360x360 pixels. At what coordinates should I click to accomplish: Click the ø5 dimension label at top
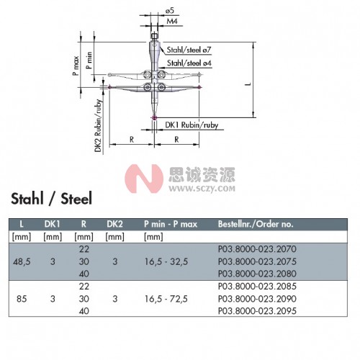169,11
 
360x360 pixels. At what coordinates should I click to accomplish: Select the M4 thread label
172,21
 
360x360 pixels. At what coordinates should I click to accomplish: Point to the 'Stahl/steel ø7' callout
189,50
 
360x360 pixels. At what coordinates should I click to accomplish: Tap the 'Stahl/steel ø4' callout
189,63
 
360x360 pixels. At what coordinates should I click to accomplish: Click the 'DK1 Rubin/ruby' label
192,125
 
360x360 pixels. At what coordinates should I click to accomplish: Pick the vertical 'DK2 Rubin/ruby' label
98,126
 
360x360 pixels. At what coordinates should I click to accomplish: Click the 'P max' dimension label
76,66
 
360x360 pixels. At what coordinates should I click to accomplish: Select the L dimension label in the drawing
248,84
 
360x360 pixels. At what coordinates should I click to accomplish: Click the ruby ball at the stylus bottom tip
154,117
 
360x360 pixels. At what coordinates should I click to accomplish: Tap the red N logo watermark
144,179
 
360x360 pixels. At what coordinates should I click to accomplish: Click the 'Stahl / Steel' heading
51,199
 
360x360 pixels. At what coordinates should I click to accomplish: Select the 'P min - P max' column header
171,224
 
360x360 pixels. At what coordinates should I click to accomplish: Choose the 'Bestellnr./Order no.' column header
256,224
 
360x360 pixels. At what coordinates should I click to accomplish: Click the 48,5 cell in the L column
22,261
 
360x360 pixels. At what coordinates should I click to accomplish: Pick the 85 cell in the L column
22,299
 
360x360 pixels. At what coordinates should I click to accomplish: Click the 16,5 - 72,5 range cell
166,299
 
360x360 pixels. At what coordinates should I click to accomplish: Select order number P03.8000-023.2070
257,249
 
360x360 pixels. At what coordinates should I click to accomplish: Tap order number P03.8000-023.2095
257,311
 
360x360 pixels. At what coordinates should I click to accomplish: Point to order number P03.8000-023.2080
257,274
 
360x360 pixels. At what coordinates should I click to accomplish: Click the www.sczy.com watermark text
202,189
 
